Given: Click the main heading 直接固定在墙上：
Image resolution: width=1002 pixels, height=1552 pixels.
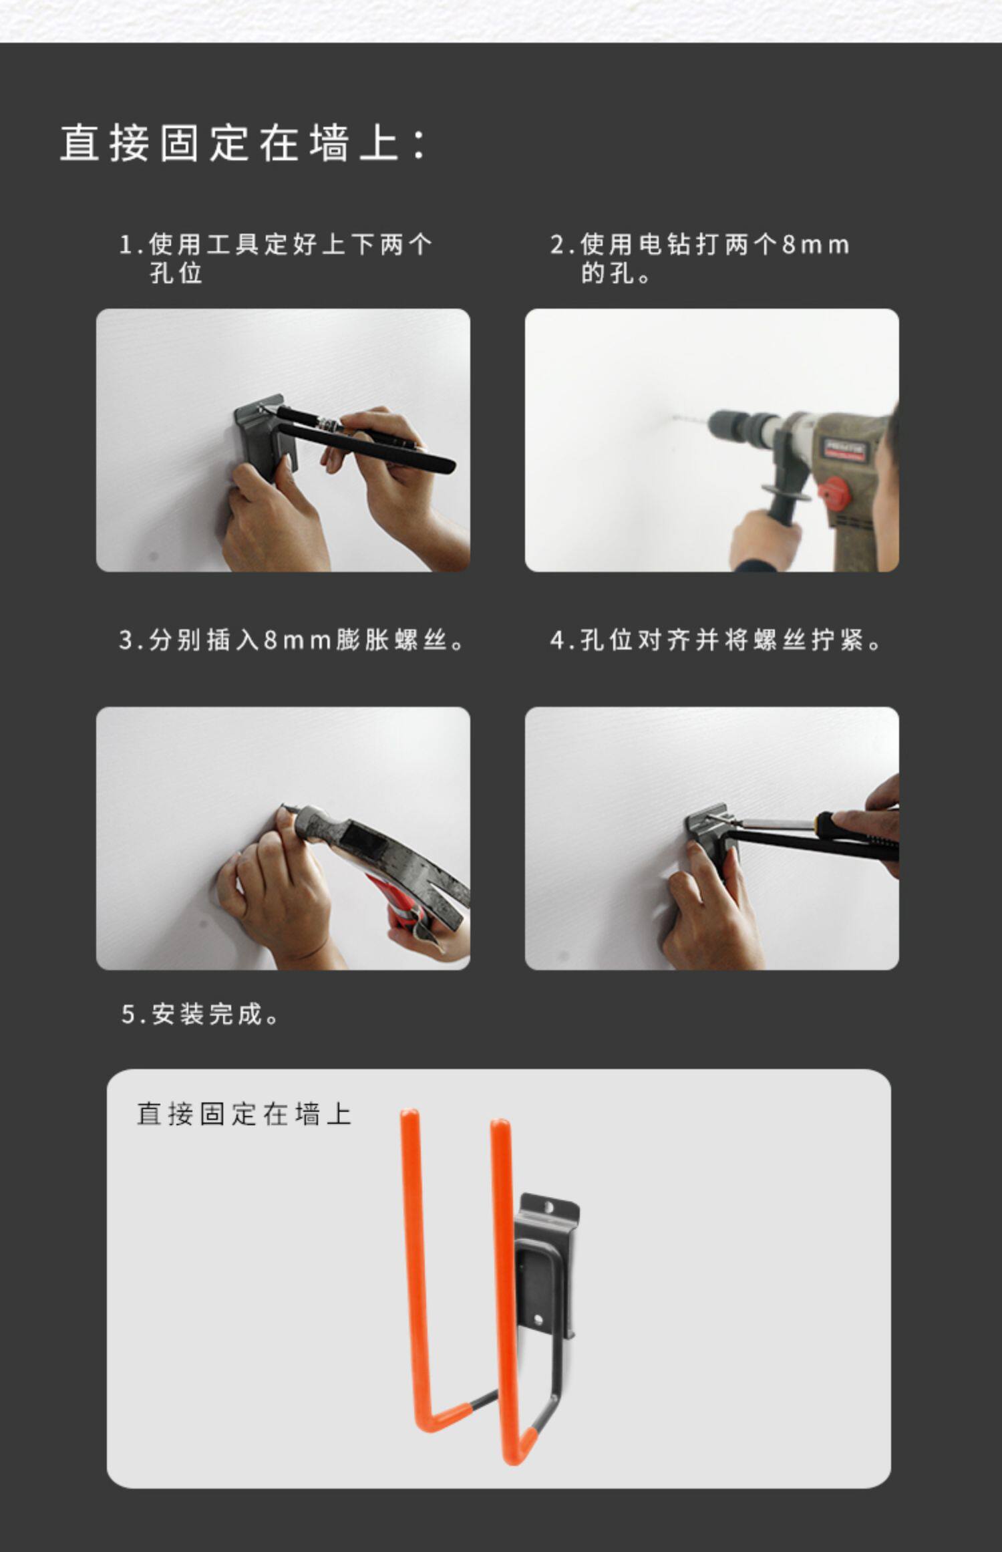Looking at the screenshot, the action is click(244, 143).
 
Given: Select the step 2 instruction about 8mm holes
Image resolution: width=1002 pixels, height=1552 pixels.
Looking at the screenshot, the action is click(699, 258).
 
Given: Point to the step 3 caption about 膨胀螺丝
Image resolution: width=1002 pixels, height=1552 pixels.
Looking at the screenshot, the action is click(291, 640).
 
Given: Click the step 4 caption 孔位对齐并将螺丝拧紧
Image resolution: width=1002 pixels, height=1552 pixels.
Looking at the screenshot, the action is click(715, 640).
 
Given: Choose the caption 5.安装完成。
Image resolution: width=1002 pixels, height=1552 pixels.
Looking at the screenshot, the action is click(200, 1014).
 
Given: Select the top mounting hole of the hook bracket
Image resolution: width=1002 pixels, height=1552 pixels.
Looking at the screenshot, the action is click(548, 1208).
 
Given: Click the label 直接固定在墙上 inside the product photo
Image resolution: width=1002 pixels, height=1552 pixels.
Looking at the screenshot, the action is click(244, 1114).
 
